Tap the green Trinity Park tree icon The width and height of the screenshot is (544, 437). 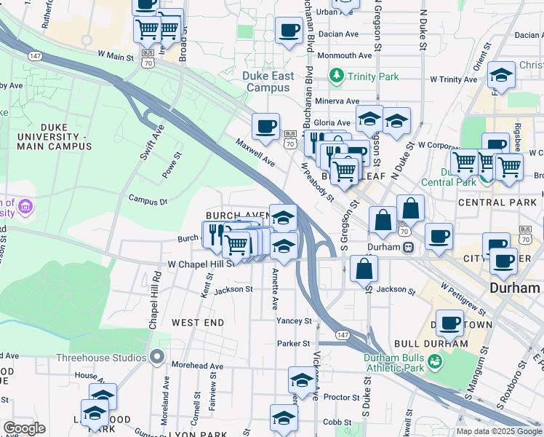pos(336,74)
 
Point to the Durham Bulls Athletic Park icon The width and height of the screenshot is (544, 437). pos(435,361)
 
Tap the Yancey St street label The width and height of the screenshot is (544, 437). pos(294,320)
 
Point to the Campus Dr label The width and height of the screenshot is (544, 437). pos(148,198)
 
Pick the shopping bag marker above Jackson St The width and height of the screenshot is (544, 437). pos(364,269)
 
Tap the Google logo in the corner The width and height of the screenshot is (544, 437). pos(24,428)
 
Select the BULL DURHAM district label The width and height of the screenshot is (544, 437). pos(430,343)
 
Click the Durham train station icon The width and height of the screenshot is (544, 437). pos(409,247)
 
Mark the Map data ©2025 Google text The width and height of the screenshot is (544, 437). pos(499,431)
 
